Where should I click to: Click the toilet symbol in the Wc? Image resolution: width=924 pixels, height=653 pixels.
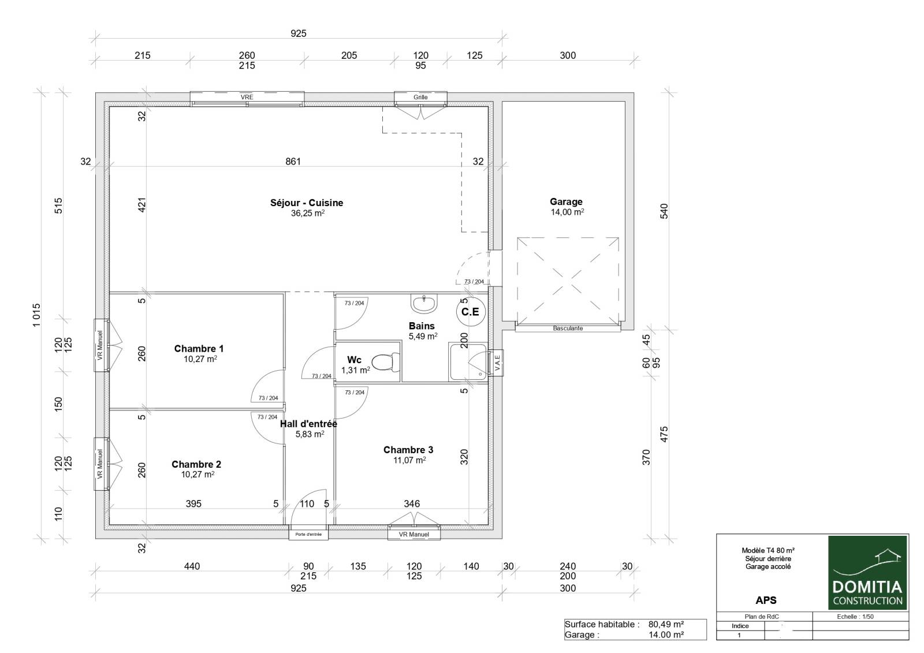(386, 362)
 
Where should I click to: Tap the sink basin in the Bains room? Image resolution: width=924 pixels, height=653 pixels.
(424, 304)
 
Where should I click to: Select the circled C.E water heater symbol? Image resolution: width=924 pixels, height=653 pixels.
(471, 312)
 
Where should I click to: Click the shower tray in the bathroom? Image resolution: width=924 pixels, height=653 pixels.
(468, 362)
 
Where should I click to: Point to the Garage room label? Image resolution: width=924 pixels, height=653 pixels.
(566, 202)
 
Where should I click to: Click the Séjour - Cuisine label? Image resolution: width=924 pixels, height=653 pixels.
(307, 203)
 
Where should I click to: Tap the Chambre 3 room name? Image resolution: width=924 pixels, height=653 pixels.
(408, 450)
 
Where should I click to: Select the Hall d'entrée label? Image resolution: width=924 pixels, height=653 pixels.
(308, 424)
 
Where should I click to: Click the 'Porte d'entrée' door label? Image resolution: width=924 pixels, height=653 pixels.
(308, 535)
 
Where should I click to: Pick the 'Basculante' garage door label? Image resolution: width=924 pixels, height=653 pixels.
(568, 329)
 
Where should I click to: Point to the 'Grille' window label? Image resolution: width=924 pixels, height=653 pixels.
(420, 97)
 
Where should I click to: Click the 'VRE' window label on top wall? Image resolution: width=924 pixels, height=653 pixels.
(247, 97)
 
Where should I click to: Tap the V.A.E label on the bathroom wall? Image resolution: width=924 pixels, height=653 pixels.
(497, 363)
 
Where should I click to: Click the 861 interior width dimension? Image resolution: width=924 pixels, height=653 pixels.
(293, 161)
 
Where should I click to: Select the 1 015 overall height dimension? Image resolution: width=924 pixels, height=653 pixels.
(37, 315)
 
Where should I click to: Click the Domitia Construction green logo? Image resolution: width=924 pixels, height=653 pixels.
(867, 573)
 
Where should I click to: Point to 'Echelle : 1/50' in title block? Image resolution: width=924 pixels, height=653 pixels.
(855, 617)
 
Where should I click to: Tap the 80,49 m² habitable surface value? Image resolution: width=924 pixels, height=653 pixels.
(666, 624)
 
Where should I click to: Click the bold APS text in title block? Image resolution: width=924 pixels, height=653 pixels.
(766, 600)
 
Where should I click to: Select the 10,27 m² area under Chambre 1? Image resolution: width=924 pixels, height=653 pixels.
(200, 359)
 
